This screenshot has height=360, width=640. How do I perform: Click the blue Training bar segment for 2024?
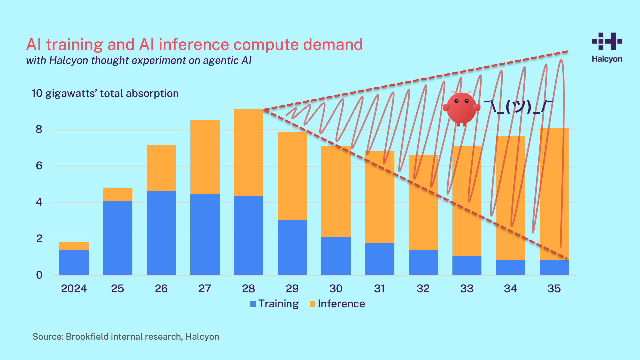74,263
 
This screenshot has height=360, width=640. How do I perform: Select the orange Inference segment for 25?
117,194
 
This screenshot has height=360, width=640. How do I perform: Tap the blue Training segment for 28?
248,235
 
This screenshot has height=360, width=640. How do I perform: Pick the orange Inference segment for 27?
205,157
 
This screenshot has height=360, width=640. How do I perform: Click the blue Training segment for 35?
554,268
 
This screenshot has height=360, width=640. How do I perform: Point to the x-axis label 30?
336,289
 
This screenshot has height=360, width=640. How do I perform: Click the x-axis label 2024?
74,289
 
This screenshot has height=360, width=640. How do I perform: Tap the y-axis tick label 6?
39,166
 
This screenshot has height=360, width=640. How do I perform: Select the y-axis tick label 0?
39,275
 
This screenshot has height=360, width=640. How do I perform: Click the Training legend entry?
274,304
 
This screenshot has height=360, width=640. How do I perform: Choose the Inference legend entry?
337,304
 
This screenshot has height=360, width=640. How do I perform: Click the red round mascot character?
461,108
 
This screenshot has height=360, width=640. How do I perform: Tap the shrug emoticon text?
518,107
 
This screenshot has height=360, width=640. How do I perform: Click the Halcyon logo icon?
607,41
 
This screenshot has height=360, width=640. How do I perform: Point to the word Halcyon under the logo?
607,59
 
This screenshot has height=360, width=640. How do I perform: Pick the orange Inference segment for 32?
423,202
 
